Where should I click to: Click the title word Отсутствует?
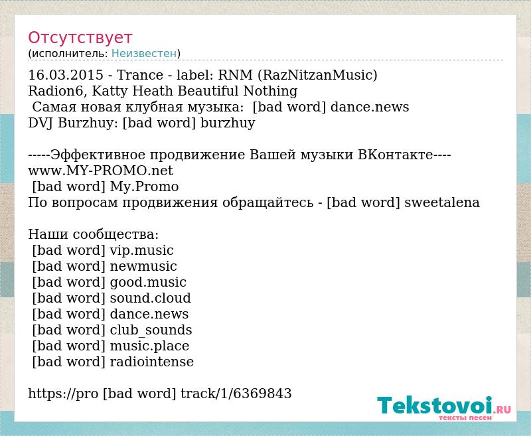pyautogui.click(x=80, y=38)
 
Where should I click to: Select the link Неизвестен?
pyautogui.click(x=144, y=54)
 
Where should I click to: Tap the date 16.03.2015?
pyautogui.click(x=66, y=75)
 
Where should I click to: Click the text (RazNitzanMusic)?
pyautogui.click(x=317, y=75)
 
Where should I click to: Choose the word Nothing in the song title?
pyautogui.click(x=270, y=91)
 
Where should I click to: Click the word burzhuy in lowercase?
pyautogui.click(x=228, y=123)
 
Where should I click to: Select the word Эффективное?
pyautogui.click(x=98, y=155)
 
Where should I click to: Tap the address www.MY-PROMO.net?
pyautogui.click(x=101, y=171)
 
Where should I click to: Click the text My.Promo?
pyautogui.click(x=145, y=187)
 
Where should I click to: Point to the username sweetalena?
pyautogui.click(x=442, y=202)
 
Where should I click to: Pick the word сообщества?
pyautogui.click(x=115, y=234)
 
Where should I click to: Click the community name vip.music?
pyautogui.click(x=141, y=250)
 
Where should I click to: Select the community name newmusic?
pyautogui.click(x=143, y=267)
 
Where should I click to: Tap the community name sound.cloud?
pyautogui.click(x=151, y=298)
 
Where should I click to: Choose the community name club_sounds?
pyautogui.click(x=151, y=330)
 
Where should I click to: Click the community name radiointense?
pyautogui.click(x=152, y=362)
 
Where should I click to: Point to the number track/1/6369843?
pyautogui.click(x=236, y=394)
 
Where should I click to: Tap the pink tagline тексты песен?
pyautogui.click(x=465, y=417)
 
